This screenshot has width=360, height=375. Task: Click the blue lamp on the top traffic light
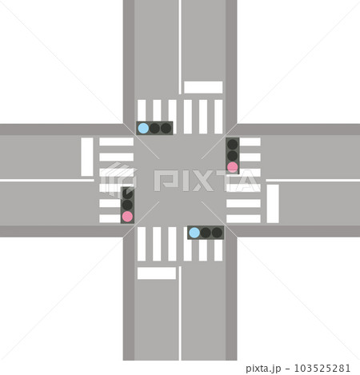(143, 128)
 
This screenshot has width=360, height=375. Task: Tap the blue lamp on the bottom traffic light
(194, 233)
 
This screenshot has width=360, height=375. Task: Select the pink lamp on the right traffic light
(233, 167)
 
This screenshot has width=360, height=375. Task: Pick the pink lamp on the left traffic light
(127, 217)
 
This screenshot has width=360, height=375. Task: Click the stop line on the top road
(203, 87)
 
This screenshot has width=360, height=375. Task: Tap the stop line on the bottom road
(157, 273)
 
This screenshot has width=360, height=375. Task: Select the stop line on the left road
(87, 157)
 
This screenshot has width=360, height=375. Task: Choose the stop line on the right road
(273, 204)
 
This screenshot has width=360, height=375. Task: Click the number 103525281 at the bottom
(322, 369)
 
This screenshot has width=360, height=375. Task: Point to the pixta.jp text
(263, 369)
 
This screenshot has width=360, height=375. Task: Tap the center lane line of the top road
(180, 47)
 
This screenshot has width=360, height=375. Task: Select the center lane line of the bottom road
(180, 313)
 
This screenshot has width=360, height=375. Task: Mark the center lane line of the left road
(47, 181)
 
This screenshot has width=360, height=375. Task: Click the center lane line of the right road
(313, 181)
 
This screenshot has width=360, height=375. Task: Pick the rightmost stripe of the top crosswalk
(218, 117)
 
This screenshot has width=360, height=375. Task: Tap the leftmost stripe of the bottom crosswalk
(142, 244)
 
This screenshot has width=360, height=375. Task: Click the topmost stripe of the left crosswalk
(116, 142)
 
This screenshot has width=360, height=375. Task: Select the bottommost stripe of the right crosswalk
(243, 219)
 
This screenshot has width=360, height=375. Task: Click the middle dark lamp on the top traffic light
(154, 128)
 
